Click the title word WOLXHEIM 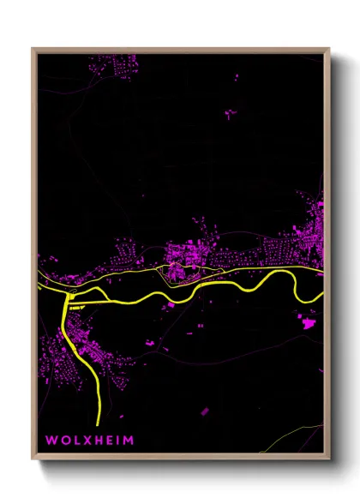pos(90,440)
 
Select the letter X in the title pos(86,440)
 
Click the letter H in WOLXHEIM pos(97,440)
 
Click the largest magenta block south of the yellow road pos(307,322)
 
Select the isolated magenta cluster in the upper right pos(231,112)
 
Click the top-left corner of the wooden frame pos(33,49)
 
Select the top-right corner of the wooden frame pos(329,49)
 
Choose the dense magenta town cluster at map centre pos(182,257)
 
